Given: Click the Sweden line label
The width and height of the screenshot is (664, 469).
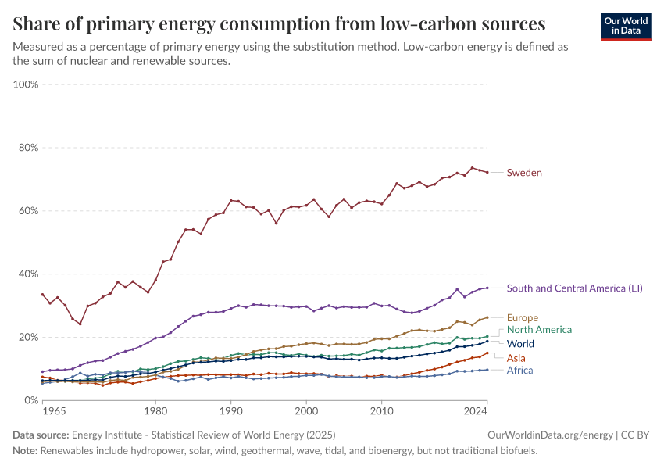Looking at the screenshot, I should click(x=524, y=173).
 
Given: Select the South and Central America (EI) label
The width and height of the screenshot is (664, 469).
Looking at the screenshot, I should click(x=574, y=288).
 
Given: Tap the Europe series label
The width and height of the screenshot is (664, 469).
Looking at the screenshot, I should click(x=523, y=318).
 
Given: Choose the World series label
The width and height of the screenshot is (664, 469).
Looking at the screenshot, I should click(x=520, y=344).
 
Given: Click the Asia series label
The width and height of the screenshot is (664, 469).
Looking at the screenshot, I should click(x=516, y=358).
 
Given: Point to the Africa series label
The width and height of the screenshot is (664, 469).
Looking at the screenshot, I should click(x=519, y=371).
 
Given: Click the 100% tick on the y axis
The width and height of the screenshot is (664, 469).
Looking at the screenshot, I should click(x=26, y=84).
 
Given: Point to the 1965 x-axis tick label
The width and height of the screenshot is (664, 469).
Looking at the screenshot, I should click(x=54, y=410).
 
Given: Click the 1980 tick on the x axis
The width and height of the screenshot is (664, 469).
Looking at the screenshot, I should click(x=155, y=410).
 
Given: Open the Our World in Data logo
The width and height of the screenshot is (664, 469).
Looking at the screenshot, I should click(x=626, y=26).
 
